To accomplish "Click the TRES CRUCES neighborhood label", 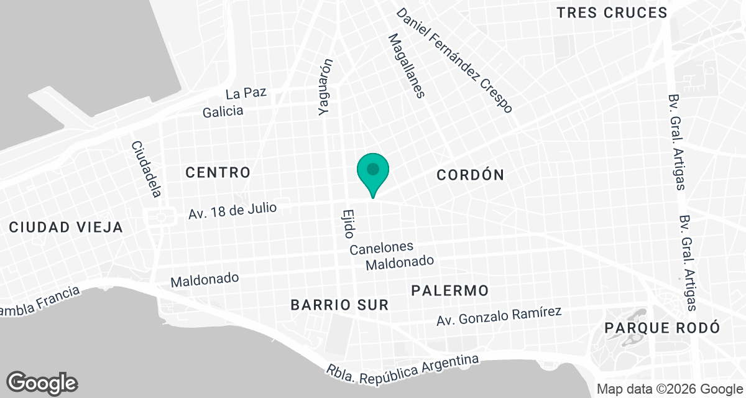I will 612,12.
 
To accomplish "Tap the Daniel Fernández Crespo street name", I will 454,60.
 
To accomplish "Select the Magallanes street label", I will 406,66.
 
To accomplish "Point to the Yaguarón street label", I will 325,87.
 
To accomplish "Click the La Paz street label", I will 246,94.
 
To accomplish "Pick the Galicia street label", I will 223,112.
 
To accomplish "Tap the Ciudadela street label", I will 146,169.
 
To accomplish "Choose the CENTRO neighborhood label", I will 218,172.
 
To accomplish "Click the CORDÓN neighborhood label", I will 470,175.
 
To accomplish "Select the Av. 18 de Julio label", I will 232,210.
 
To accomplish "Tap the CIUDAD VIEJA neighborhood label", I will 66,228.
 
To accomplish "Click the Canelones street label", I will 381,249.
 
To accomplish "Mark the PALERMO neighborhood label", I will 449,290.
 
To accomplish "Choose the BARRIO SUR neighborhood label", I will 340,305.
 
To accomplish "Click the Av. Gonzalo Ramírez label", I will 499,316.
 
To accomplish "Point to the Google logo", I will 42,382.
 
